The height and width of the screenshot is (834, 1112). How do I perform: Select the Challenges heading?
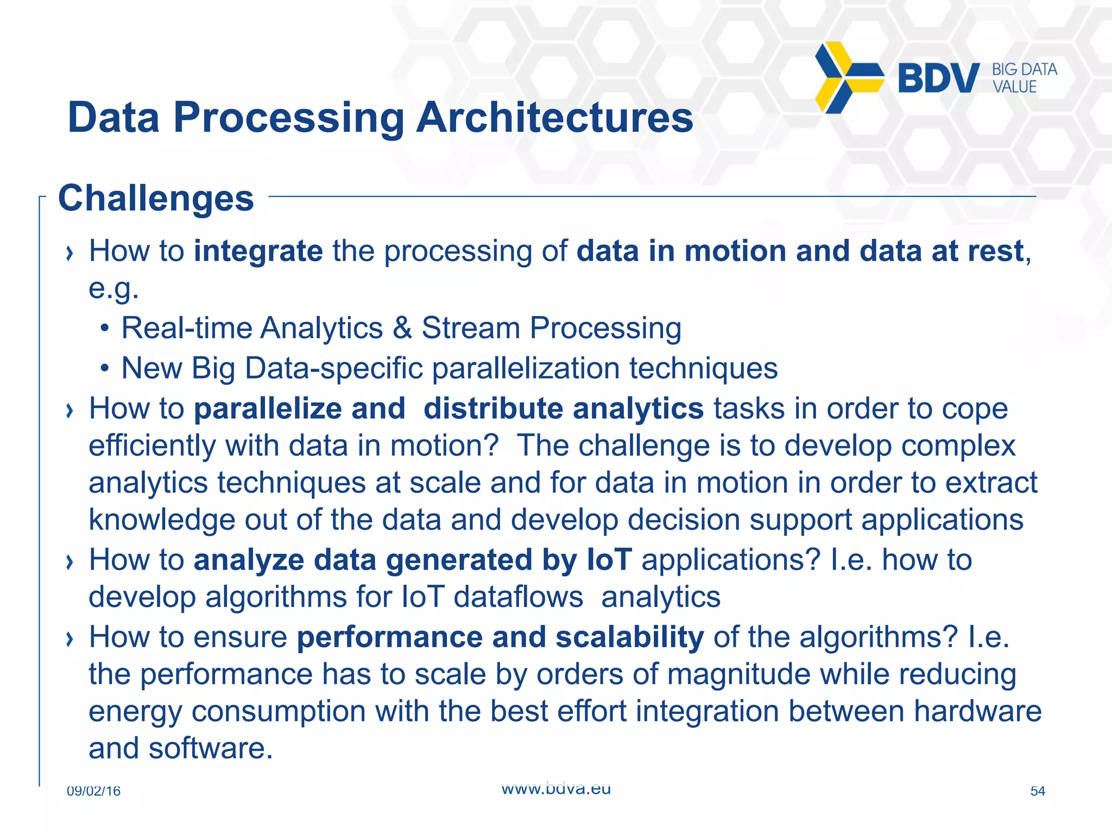coord(156,198)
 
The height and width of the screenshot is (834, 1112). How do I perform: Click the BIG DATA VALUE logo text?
coord(1024,78)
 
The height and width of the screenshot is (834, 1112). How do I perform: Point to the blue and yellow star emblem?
coord(847,78)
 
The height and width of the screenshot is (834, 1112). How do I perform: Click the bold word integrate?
coord(258,251)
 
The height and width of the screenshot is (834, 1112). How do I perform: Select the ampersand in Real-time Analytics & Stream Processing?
coord(402,328)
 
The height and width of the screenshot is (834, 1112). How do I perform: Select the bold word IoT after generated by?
coord(609,560)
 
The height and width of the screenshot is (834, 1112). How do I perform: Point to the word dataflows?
coord(519,597)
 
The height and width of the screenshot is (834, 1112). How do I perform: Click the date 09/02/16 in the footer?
coord(93,791)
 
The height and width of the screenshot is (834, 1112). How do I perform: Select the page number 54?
coord(1037,791)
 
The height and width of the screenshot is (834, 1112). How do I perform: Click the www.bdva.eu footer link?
coord(556,789)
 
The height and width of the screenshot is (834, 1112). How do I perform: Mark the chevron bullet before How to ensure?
coord(69,639)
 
